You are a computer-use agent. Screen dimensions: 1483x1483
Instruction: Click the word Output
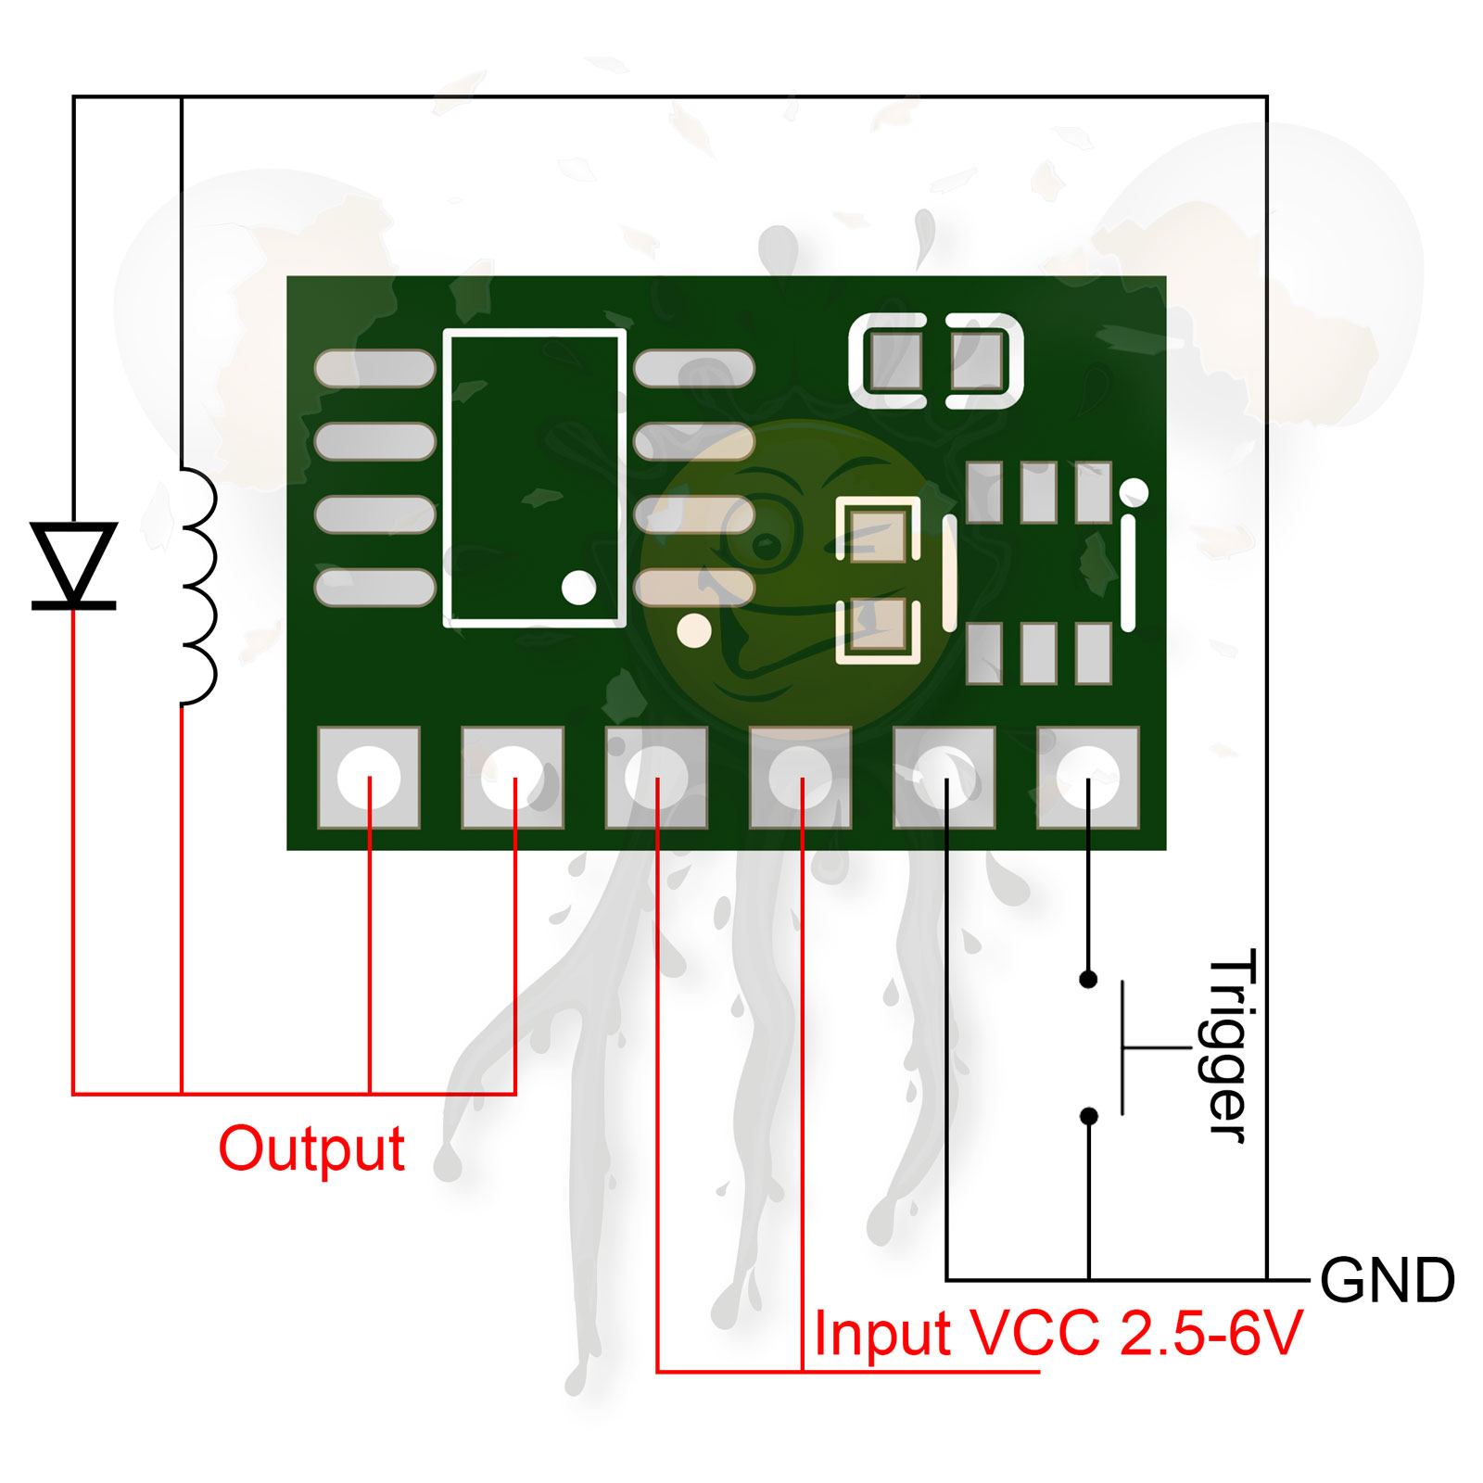(311, 1149)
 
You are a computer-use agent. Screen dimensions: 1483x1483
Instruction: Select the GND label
(1387, 1281)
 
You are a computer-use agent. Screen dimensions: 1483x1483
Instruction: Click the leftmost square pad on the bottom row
(369, 777)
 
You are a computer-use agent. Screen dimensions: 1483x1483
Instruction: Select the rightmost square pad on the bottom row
(1087, 777)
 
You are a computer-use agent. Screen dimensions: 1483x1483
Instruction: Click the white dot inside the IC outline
(578, 588)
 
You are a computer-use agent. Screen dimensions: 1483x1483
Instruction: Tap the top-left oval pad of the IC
(374, 368)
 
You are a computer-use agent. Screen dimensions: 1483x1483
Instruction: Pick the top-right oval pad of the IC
(694, 368)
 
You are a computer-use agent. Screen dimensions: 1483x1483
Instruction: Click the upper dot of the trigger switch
(1088, 979)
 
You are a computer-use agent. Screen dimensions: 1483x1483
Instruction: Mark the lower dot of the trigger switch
(1088, 1117)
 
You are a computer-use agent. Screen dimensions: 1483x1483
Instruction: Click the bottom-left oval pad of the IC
(374, 588)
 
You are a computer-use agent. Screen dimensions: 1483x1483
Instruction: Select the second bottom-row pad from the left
(513, 777)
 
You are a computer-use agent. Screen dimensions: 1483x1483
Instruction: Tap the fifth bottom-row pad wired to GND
(944, 777)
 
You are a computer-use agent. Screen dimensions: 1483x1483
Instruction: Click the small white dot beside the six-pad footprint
(1134, 492)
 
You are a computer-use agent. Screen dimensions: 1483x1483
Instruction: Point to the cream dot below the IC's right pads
(694, 631)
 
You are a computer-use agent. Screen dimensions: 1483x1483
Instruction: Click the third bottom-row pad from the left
(656, 777)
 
